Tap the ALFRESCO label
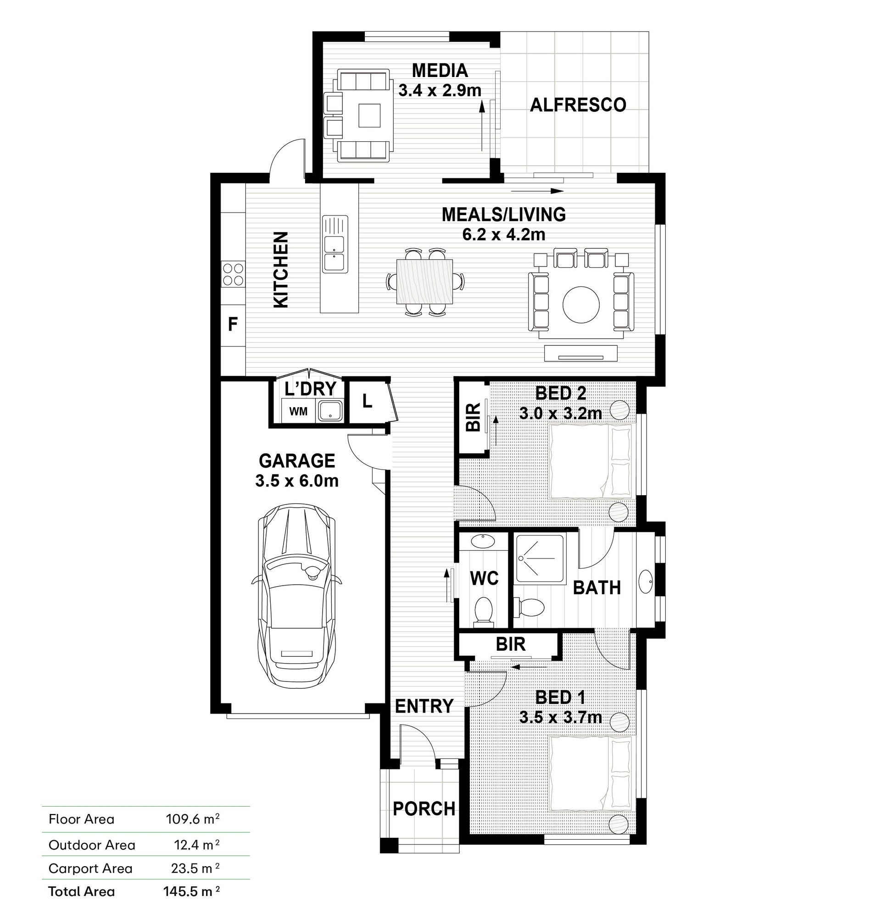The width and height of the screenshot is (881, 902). (x=578, y=105)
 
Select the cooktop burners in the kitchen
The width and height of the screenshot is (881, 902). (x=233, y=274)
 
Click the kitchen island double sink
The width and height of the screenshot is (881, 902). (x=335, y=243)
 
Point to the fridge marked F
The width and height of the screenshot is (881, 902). (x=233, y=324)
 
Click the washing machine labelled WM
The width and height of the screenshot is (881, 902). (x=298, y=411)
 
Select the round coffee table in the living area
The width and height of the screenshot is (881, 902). (x=581, y=304)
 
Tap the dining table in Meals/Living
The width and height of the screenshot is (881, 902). (x=425, y=281)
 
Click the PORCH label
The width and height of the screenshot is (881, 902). (x=424, y=808)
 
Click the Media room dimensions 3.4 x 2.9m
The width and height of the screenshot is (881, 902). (x=440, y=91)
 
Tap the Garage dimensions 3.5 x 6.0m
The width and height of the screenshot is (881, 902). (x=296, y=481)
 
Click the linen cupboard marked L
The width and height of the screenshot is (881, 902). (x=368, y=401)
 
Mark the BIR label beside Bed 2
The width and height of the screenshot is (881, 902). (x=474, y=417)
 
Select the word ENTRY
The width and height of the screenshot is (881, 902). (x=424, y=707)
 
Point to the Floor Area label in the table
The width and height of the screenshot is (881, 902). (x=81, y=819)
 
